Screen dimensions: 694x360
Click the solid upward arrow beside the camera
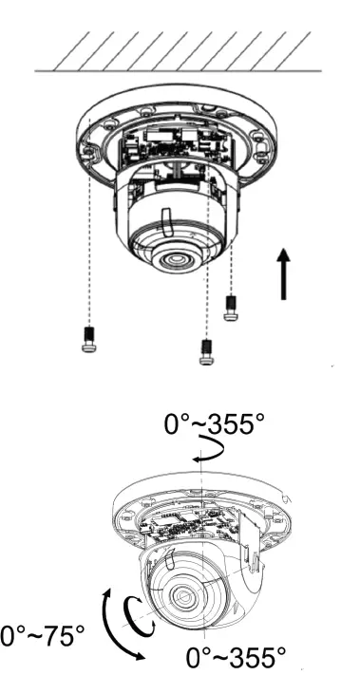click(283, 272)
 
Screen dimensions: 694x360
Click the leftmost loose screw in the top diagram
click(88, 339)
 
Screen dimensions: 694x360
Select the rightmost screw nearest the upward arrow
click(230, 308)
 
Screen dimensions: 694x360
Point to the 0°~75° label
click(42, 634)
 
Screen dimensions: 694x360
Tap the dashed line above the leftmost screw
click(88, 237)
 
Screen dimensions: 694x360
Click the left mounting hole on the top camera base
click(90, 150)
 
